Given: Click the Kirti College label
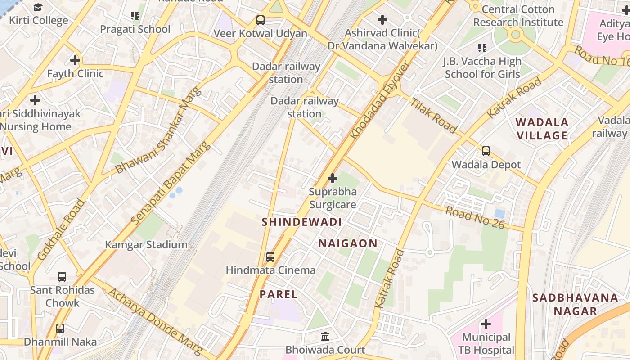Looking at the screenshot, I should click(x=39, y=20).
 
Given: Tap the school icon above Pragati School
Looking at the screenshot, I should click(x=135, y=16).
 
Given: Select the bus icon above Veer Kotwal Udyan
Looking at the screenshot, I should click(x=261, y=20).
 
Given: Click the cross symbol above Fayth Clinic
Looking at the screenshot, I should click(x=75, y=60).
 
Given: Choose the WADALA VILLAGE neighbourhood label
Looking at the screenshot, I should click(x=542, y=129).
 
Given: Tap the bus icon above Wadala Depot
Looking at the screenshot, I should click(x=486, y=151).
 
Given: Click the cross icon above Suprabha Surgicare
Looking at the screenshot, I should click(x=333, y=178).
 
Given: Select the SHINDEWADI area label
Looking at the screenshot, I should click(x=301, y=222).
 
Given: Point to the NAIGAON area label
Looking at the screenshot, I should click(x=348, y=243).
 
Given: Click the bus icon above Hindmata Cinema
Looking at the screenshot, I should click(x=270, y=256).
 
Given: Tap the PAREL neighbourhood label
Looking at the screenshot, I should click(x=279, y=294).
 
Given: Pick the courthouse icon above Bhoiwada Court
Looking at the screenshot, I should click(x=325, y=336).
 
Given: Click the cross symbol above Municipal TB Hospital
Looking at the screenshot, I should click(x=486, y=324).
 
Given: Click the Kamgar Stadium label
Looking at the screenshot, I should click(x=146, y=245).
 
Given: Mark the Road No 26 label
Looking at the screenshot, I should click(x=475, y=217).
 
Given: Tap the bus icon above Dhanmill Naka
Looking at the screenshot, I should click(x=60, y=328).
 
